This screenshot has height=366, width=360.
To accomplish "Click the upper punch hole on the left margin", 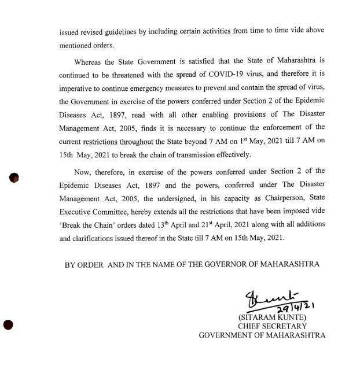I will (x=15, y=178).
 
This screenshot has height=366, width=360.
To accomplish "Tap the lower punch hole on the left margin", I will (x=9, y=325).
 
